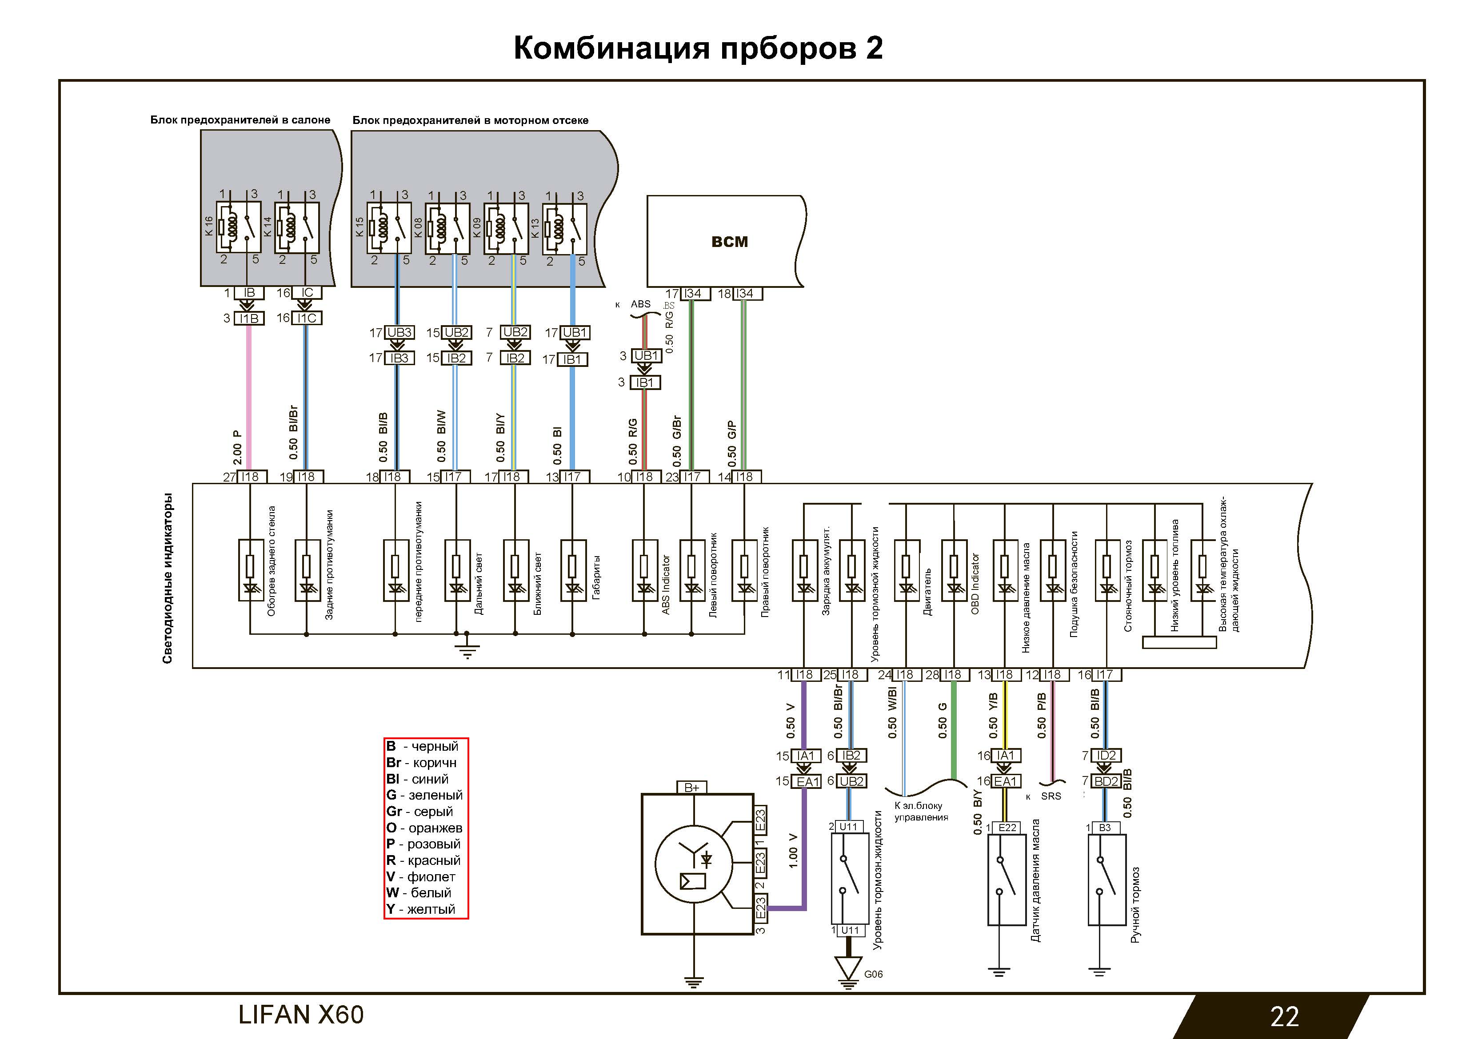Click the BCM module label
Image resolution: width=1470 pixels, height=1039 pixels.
(729, 242)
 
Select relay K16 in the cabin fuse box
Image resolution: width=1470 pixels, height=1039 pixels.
(238, 227)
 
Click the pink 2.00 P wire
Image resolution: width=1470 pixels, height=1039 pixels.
(249, 397)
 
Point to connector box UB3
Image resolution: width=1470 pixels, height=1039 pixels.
(399, 333)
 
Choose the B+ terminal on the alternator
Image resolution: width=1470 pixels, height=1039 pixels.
(691, 788)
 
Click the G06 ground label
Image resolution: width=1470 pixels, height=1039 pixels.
(873, 974)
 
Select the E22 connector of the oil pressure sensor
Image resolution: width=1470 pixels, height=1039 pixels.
(1007, 827)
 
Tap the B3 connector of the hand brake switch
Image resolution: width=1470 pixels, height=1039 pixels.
(1106, 828)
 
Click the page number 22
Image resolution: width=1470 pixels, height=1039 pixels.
(1284, 1016)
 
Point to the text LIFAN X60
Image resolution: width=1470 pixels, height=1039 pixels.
(300, 1015)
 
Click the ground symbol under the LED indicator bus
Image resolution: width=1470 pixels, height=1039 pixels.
(467, 651)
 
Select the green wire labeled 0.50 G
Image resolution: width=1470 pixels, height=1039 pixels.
(954, 730)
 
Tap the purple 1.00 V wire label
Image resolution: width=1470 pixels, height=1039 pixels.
(793, 850)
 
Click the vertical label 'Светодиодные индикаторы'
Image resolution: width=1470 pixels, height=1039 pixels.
(168, 578)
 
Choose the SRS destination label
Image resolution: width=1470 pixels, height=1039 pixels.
(1051, 796)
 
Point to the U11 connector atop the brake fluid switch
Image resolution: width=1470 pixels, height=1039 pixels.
(848, 827)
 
